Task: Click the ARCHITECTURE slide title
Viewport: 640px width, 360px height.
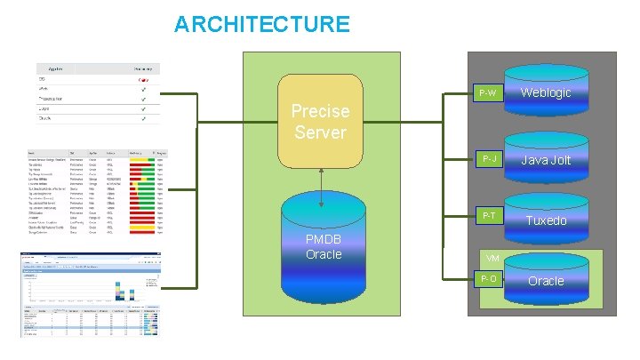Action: coord(261,25)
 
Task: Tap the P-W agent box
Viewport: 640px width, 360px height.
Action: coord(487,93)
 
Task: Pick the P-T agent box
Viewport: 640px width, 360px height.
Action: coord(487,216)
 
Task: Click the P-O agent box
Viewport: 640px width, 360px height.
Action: coord(487,280)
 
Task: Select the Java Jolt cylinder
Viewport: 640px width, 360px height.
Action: coord(546,160)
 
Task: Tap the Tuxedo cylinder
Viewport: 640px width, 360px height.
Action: coord(546,219)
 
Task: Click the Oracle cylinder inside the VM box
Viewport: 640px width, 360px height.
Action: coord(546,280)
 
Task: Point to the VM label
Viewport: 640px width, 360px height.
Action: coord(492,258)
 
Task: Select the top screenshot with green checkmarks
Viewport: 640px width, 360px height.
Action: coord(98,93)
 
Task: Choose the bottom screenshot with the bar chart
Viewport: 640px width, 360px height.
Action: coord(92,293)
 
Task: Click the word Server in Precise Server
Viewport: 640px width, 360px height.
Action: coord(321,132)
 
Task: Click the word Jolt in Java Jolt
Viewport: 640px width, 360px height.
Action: coord(559,160)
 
